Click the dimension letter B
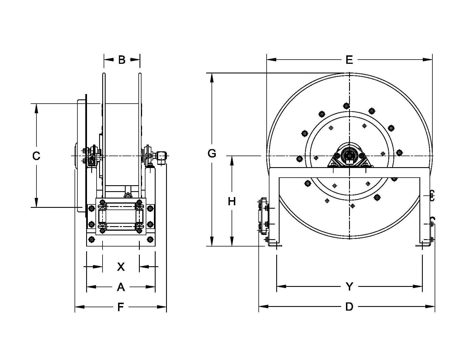122,60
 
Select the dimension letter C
36,156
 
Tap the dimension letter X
121,267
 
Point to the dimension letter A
121,287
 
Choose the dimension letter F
121,307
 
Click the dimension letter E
349,60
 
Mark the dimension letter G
212,154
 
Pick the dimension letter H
232,202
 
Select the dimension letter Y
350,287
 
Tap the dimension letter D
349,307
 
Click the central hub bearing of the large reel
350,155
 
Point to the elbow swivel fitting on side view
162,157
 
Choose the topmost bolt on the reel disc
346,106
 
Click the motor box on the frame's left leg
263,216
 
